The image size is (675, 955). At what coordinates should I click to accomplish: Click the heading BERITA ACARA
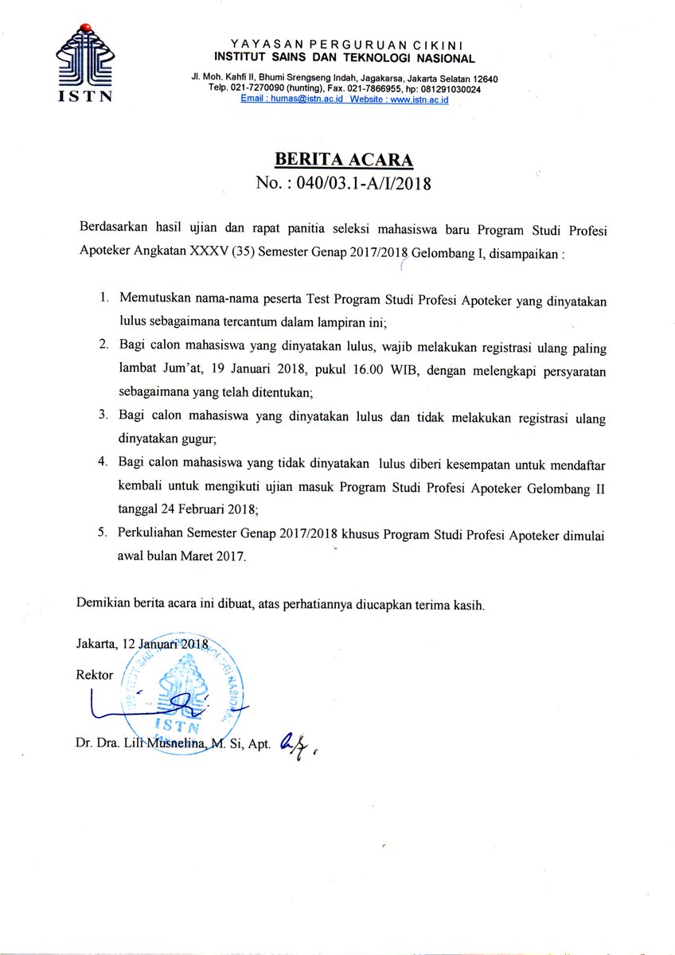coord(344,158)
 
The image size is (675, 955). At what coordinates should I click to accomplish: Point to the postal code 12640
coord(480,78)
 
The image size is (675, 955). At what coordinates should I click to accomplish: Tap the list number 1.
coord(104,298)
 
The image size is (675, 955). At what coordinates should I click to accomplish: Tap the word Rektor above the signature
coord(95,675)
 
